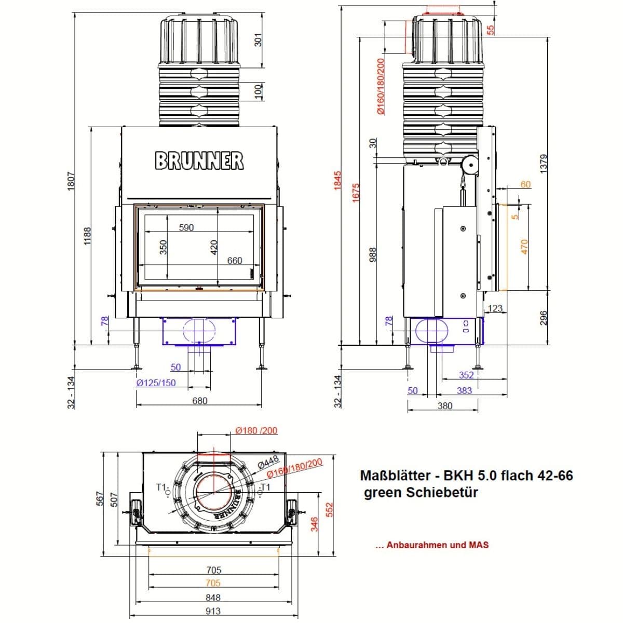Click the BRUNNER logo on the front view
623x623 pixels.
tap(199, 160)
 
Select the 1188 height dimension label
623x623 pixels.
tap(87, 236)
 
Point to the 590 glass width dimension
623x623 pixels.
tap(186, 227)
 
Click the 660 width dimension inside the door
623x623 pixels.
tap(234, 261)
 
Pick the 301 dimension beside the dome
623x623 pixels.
tap(259, 40)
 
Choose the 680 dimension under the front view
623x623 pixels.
tap(200, 401)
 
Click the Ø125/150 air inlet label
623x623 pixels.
tap(156, 383)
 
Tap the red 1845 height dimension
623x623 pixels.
tap(337, 181)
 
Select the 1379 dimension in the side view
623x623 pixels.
tap(544, 164)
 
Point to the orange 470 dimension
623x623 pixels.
tap(524, 247)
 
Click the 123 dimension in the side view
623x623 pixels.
tap(495, 308)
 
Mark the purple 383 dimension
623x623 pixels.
tap(464, 390)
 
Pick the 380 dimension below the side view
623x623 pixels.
tap(445, 406)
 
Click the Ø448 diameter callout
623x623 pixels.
tap(268, 462)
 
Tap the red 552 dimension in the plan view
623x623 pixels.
tap(329, 510)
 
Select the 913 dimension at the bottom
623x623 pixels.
tap(213, 611)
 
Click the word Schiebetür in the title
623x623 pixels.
tap(442, 492)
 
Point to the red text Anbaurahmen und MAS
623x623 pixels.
tap(438, 545)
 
